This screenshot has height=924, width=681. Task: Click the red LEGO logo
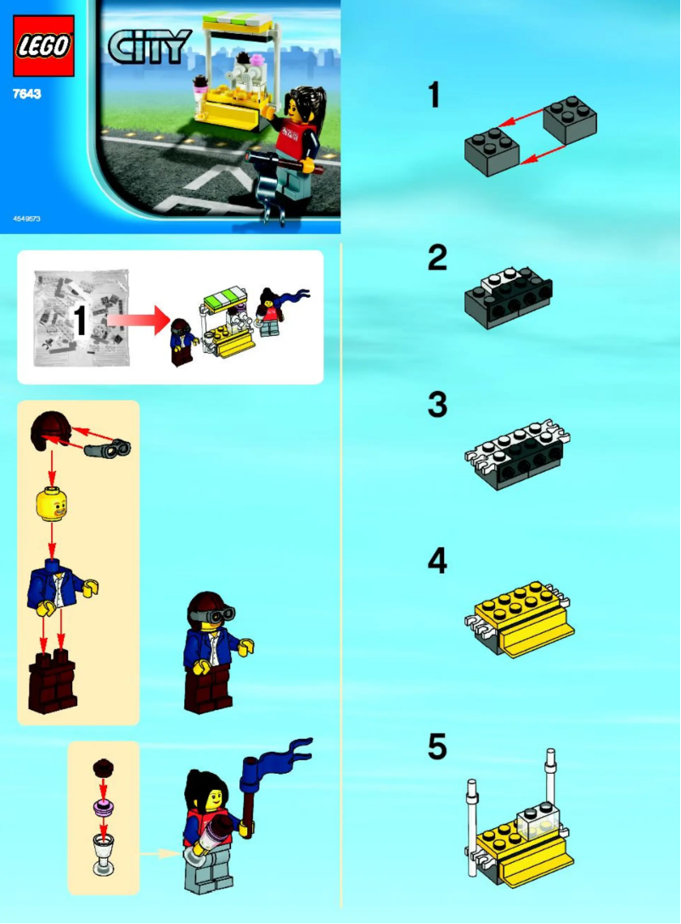pos(42,47)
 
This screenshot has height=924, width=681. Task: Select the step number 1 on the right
pos(434,95)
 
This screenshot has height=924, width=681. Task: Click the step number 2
pos(436,257)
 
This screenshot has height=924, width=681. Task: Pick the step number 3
pos(436,405)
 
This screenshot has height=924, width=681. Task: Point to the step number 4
pos(436,561)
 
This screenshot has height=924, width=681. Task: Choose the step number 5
pos(436,748)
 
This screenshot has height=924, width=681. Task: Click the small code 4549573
pos(27,219)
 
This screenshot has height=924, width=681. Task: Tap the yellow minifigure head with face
pos(52,503)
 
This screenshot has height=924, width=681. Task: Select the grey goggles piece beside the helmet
pos(105,447)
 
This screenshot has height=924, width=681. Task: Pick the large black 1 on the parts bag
pos(82,322)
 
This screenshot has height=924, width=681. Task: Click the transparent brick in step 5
pos(537,822)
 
